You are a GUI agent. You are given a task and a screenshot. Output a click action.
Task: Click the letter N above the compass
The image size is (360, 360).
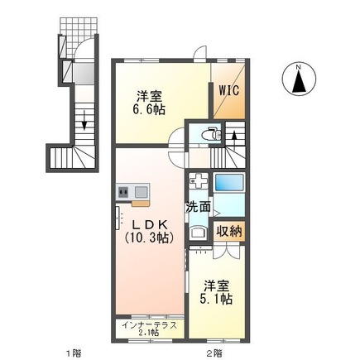click(297, 64)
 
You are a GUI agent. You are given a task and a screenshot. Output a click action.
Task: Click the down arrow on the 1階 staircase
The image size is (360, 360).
click(84, 122)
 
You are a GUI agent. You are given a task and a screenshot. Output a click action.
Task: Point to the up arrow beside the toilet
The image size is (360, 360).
click(233, 132)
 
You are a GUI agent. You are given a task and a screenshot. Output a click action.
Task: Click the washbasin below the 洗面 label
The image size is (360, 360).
click(196, 232)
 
